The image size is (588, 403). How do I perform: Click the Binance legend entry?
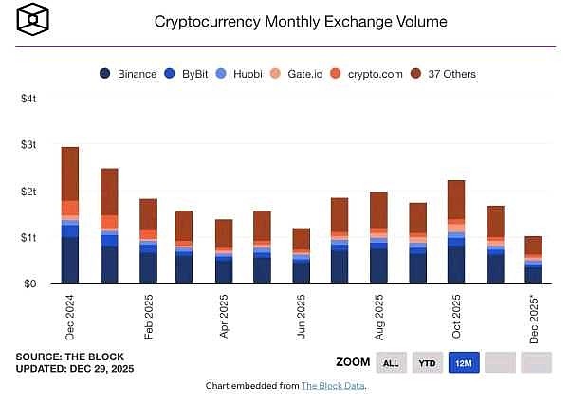point(127,74)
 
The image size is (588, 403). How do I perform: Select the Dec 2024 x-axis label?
point(69,315)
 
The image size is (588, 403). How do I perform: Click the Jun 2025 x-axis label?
point(302,315)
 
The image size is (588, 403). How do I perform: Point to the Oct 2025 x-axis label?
point(456,315)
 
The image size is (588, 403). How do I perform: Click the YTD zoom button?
point(428,362)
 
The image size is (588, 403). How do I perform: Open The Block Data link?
point(333,386)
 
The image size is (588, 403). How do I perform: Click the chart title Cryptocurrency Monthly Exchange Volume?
point(300,21)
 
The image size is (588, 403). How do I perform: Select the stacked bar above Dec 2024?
point(69,215)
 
